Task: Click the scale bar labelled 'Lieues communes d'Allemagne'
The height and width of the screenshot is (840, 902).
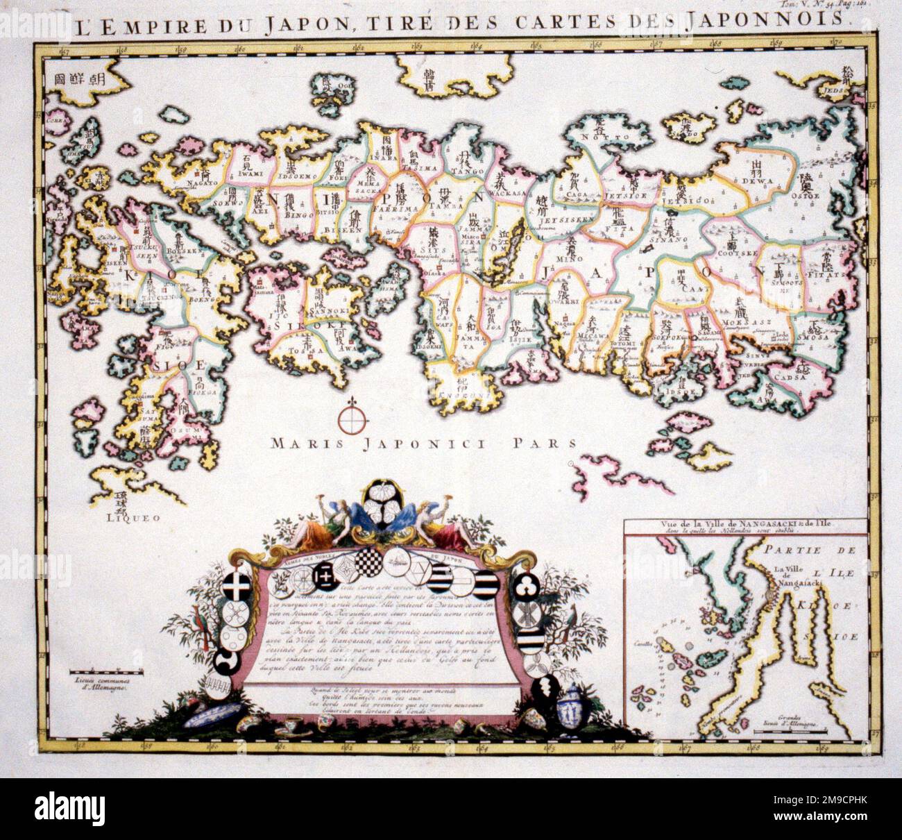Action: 105,673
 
